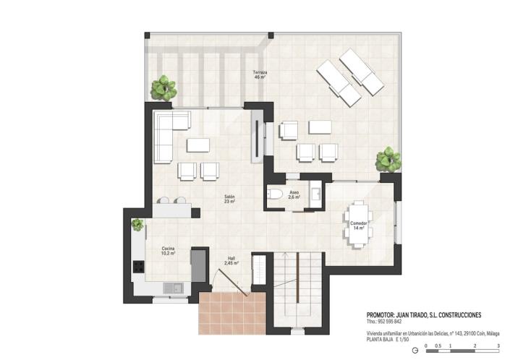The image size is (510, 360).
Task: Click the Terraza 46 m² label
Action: click(x=260, y=74)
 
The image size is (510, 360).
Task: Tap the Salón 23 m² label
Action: click(x=229, y=199)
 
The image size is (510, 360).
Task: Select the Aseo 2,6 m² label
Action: click(x=294, y=194)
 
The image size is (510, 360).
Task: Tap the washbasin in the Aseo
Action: click(x=316, y=193)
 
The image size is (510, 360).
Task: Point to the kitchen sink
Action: click(x=174, y=288)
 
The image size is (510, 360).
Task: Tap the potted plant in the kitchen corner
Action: click(x=137, y=225)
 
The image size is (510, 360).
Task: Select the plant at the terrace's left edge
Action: click(x=164, y=88)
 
